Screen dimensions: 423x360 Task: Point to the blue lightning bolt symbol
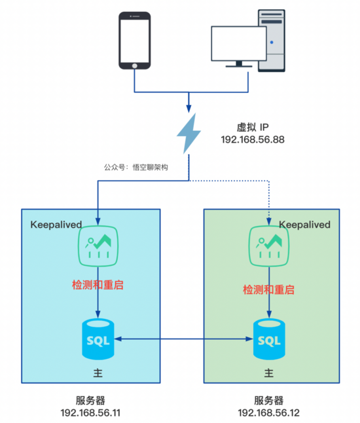[x=189, y=134]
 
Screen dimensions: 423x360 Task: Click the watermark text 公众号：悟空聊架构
[x=136, y=168]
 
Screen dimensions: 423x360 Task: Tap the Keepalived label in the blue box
[x=56, y=225]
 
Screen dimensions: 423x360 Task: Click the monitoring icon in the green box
[x=268, y=247]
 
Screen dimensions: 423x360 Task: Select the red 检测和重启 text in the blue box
[x=98, y=285]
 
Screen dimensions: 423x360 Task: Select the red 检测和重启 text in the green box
[x=268, y=289]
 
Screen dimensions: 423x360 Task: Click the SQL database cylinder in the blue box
[x=98, y=339]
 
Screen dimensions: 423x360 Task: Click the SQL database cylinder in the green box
[x=268, y=340]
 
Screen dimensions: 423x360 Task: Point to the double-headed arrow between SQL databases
[x=183, y=339]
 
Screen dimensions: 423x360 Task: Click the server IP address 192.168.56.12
[x=268, y=413]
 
